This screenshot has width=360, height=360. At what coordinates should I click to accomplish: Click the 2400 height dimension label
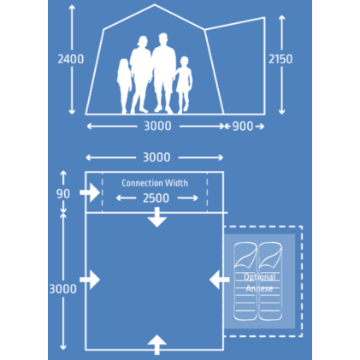pos(71,59)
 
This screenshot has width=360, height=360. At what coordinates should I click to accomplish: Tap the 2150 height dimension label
pos(280,59)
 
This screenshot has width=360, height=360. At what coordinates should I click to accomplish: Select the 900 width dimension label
pos(243,127)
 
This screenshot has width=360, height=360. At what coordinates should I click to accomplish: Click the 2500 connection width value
pos(156,198)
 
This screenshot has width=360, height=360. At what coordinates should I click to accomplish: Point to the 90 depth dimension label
pos(63,194)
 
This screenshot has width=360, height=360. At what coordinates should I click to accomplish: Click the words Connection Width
pos(155,183)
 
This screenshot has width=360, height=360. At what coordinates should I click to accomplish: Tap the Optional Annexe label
pos(260,282)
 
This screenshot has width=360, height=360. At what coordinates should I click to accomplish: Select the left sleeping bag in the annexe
pos(245,281)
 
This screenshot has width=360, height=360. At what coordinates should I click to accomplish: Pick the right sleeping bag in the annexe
pos(270,281)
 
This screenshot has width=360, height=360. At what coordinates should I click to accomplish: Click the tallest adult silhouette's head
pos(163,38)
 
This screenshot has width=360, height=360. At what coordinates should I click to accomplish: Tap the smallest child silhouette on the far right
pos(184,84)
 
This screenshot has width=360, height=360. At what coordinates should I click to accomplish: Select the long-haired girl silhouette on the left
pos(124,86)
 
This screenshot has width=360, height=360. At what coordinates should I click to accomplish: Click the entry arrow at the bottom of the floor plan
pos(156,345)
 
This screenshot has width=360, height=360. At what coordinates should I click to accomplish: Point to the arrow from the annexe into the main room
pos(219,280)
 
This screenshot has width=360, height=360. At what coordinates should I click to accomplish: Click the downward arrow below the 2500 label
pos(157,217)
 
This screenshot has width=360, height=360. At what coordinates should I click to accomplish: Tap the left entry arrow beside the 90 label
pos(90,193)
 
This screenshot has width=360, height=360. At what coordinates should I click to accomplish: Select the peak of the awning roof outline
pos(155,4)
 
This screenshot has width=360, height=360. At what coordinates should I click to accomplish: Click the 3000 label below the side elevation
pos(157,126)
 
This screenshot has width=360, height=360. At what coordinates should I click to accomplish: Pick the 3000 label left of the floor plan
pos(63,289)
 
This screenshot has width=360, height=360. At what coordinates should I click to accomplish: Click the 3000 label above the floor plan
pos(156,157)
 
